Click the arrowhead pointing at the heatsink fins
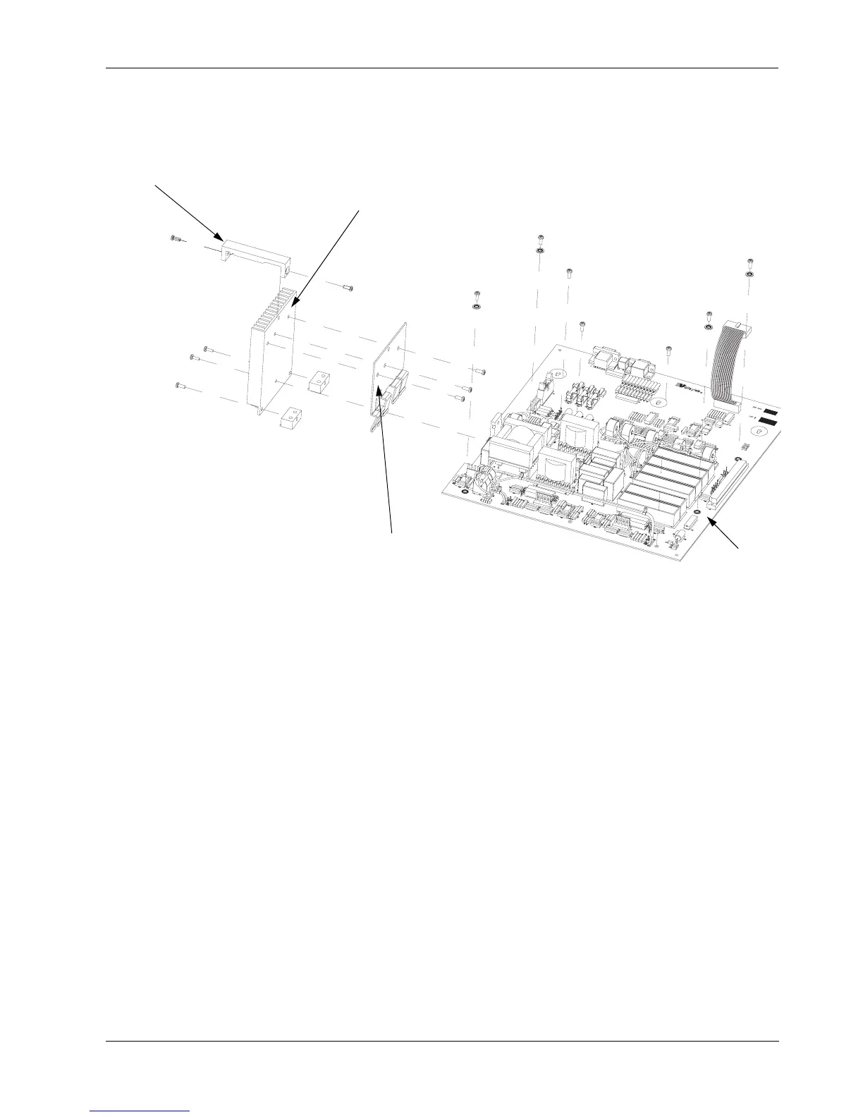(291, 306)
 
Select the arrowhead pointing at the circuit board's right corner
(712, 520)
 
